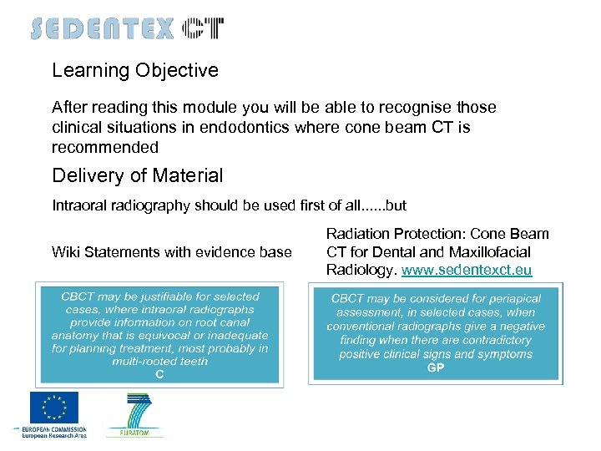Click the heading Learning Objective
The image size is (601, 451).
[135, 70]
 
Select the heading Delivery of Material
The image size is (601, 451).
[138, 175]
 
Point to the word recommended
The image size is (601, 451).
[105, 147]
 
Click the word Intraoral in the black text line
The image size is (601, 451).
[80, 205]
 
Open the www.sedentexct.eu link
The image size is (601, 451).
[467, 270]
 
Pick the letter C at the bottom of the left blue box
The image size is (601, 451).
[159, 375]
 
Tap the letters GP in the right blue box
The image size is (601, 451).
[435, 367]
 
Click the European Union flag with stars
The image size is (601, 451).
[54, 408]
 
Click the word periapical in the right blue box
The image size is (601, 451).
[513, 298]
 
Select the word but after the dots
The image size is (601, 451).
[395, 205]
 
